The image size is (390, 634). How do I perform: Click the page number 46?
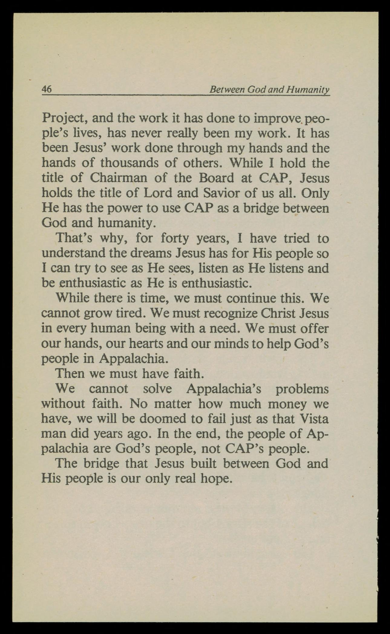(x=47, y=89)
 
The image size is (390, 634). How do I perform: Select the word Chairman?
(x=119, y=178)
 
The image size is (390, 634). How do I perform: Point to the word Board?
(x=216, y=178)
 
